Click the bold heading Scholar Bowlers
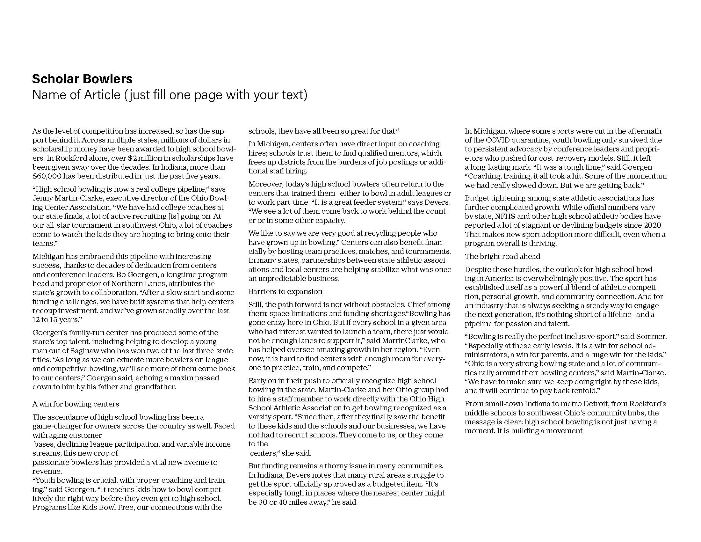coord(82,79)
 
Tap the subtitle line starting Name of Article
coord(170,95)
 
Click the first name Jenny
coord(41,198)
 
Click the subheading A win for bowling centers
coord(76,404)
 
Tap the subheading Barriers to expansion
coord(285,291)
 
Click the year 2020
coord(654,225)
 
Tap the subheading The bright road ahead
coord(502,256)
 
